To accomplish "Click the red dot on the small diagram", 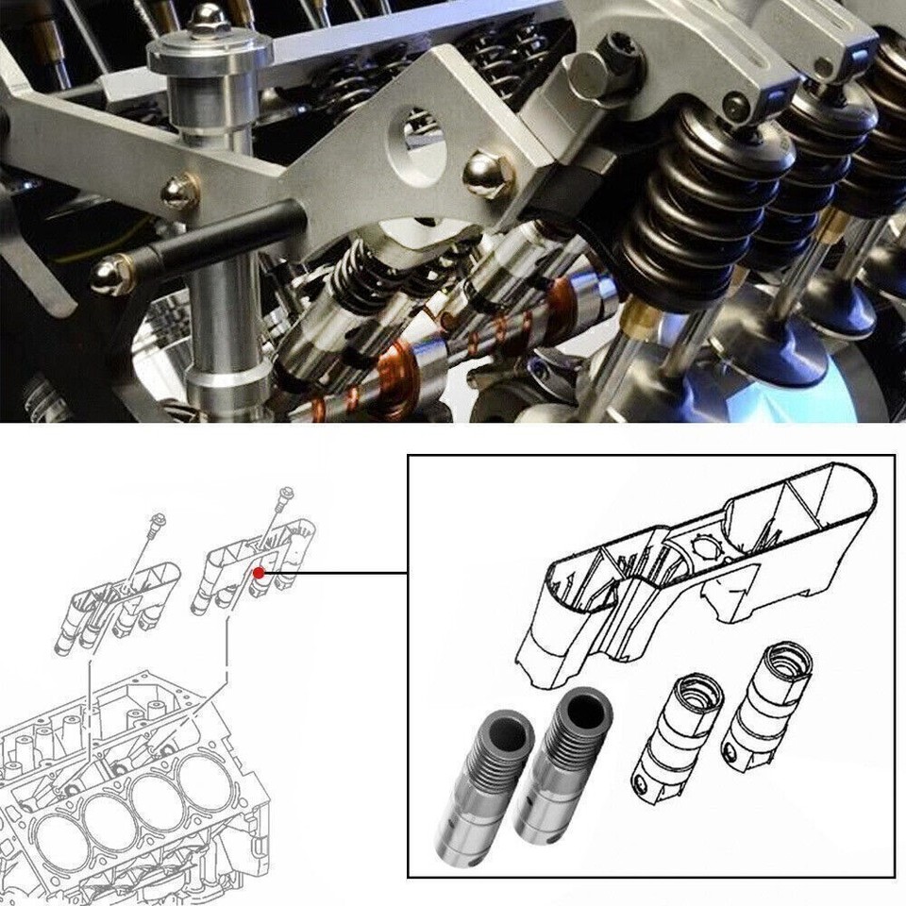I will (258, 572).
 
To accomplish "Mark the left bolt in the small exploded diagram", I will (157, 538).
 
